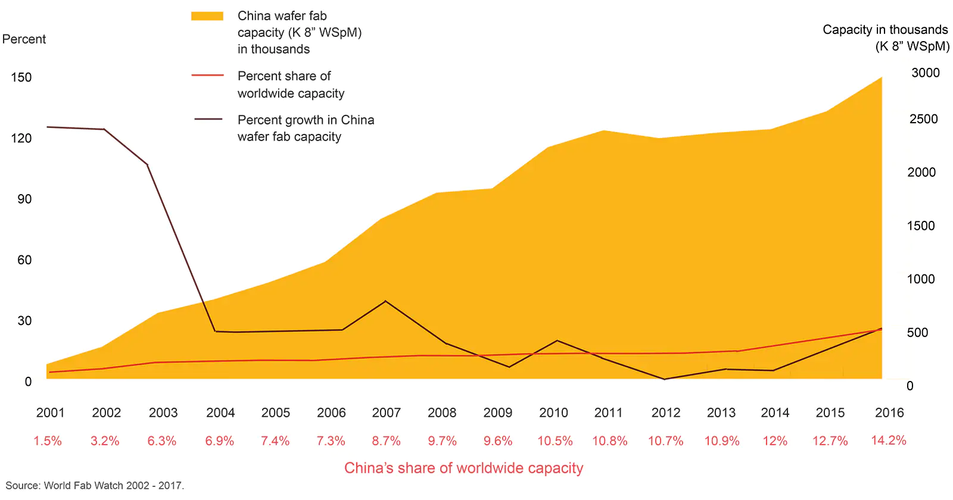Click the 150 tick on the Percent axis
coord(21,77)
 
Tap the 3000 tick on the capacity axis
coord(925,73)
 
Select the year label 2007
coord(386,412)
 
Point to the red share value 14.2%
coord(888,440)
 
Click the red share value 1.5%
coord(48,441)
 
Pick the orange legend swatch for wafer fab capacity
coord(207,16)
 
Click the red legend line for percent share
coord(207,76)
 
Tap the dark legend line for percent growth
coord(208,120)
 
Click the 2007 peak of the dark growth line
coord(385,301)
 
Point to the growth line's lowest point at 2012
coord(664,379)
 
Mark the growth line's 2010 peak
coord(557,340)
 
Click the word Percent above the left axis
coord(24,39)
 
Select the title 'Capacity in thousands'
coord(885,30)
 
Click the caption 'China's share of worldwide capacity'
coord(463,468)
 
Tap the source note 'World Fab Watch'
coord(83,486)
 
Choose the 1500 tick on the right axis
coord(920,226)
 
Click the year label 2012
coord(665,412)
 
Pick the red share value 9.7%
coord(442,441)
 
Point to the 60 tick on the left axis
coord(24,260)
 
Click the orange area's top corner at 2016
coord(881,77)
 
